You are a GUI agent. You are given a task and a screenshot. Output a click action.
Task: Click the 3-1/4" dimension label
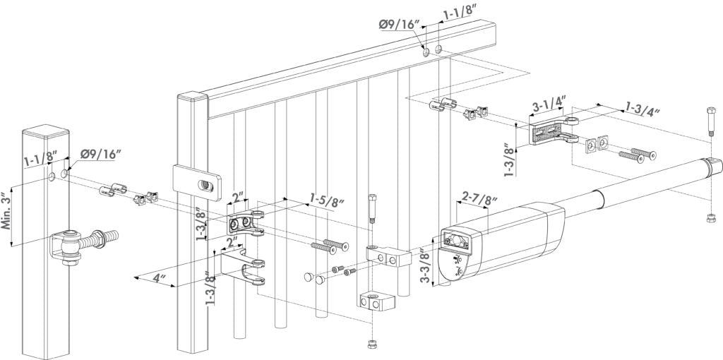click(548, 104)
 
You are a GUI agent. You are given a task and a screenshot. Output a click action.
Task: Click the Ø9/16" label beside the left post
click(100, 154)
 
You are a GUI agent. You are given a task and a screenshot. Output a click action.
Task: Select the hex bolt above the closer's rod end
click(710, 121)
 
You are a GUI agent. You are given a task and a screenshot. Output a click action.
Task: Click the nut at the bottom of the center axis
click(371, 344)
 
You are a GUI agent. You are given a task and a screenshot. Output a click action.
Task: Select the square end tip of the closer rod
click(715, 164)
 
